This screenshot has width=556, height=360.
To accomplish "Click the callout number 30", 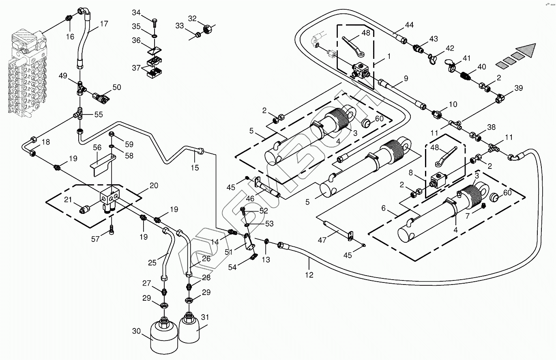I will [136, 332].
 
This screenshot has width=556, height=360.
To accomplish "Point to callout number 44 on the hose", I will [409, 25].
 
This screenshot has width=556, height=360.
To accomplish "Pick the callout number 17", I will [104, 24].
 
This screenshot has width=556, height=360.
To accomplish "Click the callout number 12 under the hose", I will [309, 275].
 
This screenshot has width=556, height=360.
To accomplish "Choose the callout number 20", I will [154, 185].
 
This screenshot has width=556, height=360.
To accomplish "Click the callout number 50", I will [117, 87].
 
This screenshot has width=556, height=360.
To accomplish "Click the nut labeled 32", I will [207, 30].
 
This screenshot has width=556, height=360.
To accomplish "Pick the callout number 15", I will [195, 168].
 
